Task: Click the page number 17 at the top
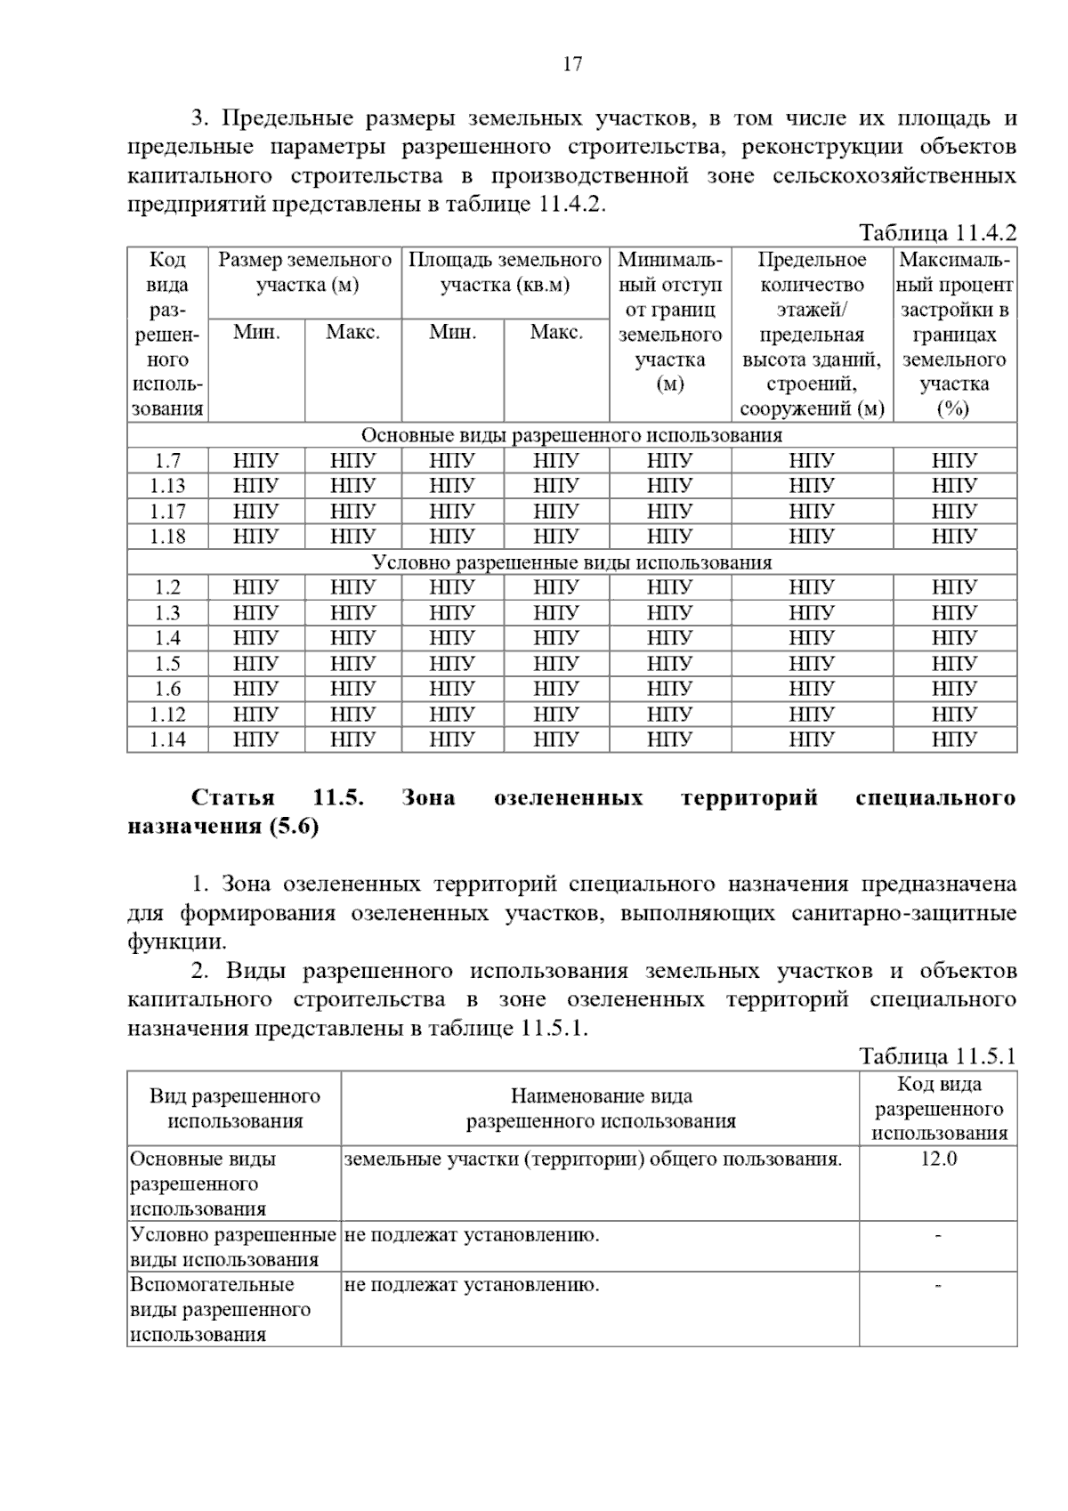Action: [572, 64]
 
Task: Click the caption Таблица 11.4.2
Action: [936, 233]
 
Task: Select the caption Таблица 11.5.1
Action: [936, 1056]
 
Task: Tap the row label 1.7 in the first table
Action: [167, 461]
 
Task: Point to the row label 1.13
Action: [167, 486]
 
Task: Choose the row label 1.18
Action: [167, 537]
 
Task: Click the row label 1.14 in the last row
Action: [167, 739]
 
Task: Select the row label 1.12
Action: [167, 715]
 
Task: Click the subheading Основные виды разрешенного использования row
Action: [571, 435]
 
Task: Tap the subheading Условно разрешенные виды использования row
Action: [571, 562]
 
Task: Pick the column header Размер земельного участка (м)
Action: [305, 273]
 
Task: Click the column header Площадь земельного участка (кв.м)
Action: [505, 273]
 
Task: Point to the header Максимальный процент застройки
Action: [954, 334]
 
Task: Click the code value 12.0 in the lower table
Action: [938, 1159]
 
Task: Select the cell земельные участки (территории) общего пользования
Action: [593, 1159]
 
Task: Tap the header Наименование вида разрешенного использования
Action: [601, 1109]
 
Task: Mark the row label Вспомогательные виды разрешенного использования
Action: [221, 1310]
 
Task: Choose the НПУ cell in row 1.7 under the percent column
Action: [954, 461]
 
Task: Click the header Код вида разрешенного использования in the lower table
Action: [938, 1109]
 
